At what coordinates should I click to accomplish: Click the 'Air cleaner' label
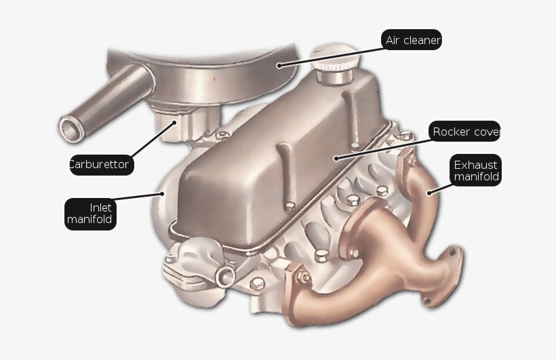tap(412, 40)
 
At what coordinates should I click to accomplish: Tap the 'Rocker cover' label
tap(465, 132)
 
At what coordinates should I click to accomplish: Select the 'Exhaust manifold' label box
tap(475, 171)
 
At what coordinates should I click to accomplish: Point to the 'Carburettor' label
tap(100, 164)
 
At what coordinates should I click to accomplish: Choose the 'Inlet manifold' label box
tap(90, 214)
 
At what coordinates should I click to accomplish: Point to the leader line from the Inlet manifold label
tap(139, 197)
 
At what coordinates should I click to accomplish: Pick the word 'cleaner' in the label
tap(422, 40)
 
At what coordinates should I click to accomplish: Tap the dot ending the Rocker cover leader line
tap(336, 158)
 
